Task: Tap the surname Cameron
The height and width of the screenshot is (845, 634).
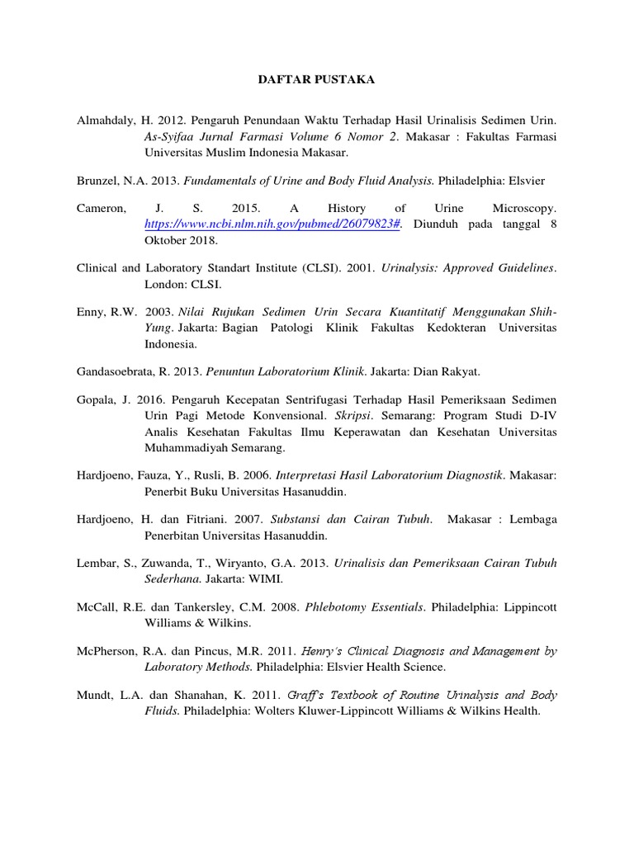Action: [100, 210]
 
